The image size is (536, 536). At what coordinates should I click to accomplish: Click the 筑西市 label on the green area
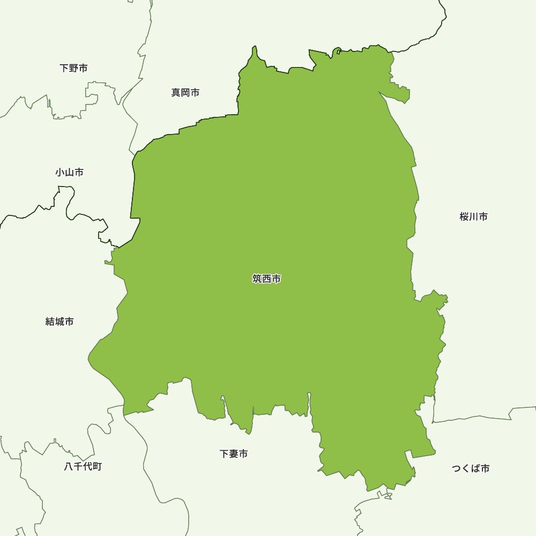click(x=266, y=279)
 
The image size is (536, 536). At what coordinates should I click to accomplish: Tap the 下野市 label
click(x=73, y=68)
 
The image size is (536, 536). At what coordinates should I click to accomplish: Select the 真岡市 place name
click(x=185, y=93)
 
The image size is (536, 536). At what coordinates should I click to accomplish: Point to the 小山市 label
click(x=69, y=173)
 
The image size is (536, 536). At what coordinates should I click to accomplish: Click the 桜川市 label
click(x=473, y=217)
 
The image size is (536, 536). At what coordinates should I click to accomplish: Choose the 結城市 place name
click(x=59, y=322)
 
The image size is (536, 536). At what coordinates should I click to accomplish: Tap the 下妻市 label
click(x=234, y=454)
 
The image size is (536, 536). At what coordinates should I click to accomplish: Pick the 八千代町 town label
click(x=83, y=466)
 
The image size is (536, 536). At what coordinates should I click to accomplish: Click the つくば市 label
click(x=470, y=468)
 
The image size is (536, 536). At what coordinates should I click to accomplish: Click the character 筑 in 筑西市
click(x=257, y=279)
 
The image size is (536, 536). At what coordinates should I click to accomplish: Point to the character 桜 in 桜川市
click(x=464, y=217)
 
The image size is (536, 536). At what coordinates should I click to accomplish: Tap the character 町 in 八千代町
click(x=96, y=466)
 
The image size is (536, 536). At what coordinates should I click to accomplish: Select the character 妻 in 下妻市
click(x=234, y=454)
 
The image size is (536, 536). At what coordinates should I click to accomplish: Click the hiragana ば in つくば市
click(x=475, y=468)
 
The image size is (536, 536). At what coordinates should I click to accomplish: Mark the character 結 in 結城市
click(x=50, y=322)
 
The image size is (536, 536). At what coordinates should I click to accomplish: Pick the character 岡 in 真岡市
click(x=185, y=93)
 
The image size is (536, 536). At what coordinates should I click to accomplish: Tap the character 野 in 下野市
click(x=73, y=68)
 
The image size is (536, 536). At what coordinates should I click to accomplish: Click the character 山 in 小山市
click(x=69, y=173)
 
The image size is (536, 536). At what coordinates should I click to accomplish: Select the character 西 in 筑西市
click(x=266, y=279)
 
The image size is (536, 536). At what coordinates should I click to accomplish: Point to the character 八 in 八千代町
click(x=69, y=466)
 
